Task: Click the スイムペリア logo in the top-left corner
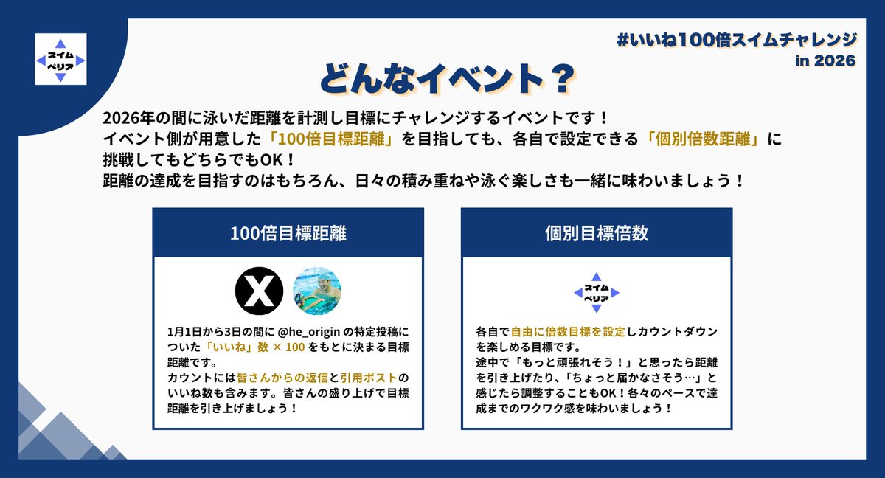(x=60, y=59)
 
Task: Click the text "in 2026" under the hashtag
(x=825, y=60)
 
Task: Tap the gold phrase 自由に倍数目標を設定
(x=568, y=333)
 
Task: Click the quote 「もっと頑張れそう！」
(x=572, y=362)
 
